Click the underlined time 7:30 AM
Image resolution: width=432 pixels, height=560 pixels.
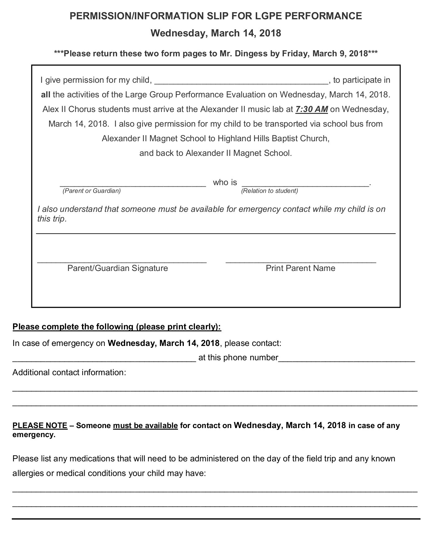pyautogui.click(x=312, y=109)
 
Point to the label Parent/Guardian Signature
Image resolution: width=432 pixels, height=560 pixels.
pyautogui.click(x=118, y=268)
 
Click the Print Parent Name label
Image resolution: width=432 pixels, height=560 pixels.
pyautogui.click(x=300, y=268)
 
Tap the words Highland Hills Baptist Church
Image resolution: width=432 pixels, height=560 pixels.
pyautogui.click(x=273, y=138)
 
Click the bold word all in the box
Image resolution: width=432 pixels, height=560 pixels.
pyautogui.click(x=46, y=95)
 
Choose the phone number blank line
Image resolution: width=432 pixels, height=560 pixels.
pyautogui.click(x=347, y=360)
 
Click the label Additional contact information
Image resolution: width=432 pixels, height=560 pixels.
pyautogui.click(x=69, y=372)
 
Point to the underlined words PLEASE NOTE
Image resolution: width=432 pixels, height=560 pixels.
pyautogui.click(x=40, y=425)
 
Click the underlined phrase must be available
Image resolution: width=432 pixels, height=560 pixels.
pyautogui.click(x=145, y=425)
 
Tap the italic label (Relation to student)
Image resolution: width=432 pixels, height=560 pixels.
pyautogui.click(x=270, y=191)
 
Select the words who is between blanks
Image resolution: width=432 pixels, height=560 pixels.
pyautogui.click(x=225, y=182)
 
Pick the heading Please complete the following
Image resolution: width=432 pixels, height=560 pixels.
pyautogui.click(x=117, y=327)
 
